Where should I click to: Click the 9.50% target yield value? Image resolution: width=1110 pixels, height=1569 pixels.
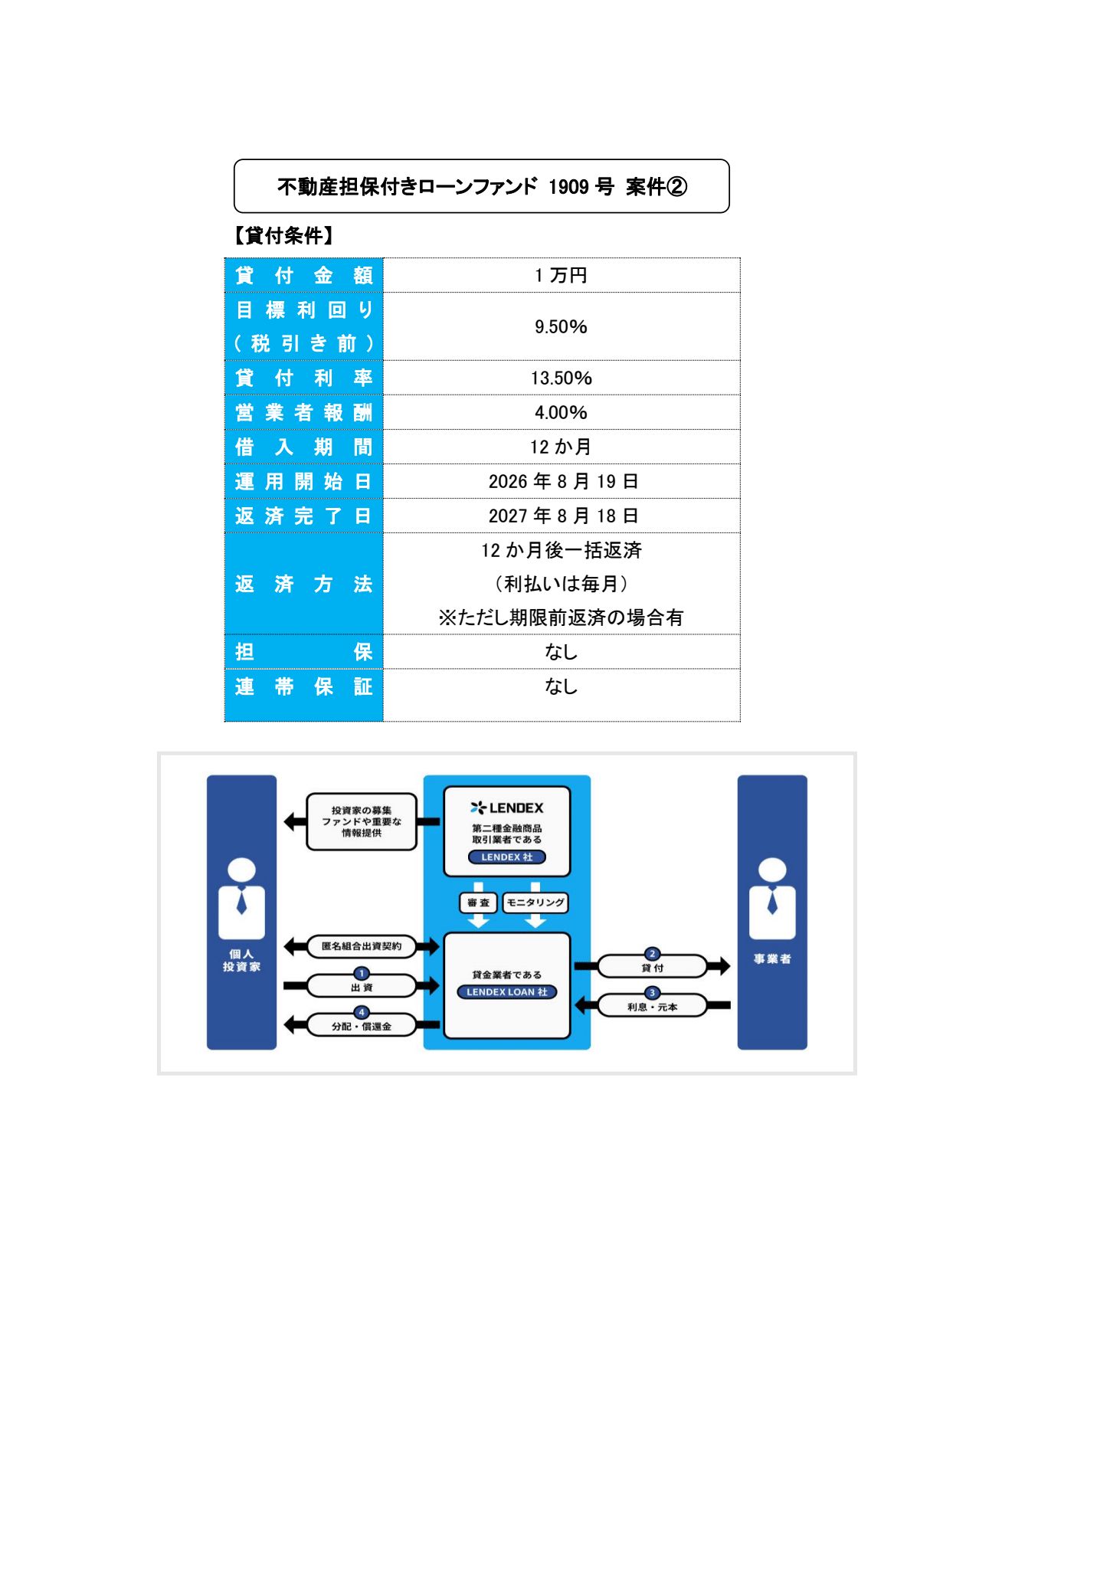(561, 327)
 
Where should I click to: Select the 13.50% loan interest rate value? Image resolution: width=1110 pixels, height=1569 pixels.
(561, 378)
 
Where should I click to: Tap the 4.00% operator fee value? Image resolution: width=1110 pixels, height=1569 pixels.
(561, 413)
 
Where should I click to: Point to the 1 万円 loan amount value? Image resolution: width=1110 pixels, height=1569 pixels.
(561, 276)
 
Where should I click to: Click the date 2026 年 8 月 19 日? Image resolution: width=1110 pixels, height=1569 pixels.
(563, 482)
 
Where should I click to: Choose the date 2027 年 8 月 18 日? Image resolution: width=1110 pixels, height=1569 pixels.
(563, 516)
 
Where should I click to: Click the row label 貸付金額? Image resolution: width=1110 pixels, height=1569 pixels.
(303, 276)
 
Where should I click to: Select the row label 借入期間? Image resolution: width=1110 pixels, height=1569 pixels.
(303, 447)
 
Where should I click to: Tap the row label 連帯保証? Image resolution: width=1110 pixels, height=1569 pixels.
(303, 687)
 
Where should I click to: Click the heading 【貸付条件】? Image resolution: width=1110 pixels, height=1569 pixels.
(283, 236)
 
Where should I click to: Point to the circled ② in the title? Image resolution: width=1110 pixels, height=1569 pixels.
(677, 187)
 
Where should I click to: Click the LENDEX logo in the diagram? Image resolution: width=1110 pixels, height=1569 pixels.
(507, 807)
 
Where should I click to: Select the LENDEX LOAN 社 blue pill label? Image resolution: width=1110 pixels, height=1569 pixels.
(507, 992)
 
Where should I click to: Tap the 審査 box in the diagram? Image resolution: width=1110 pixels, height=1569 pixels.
(479, 902)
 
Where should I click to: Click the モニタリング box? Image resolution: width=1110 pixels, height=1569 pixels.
(535, 902)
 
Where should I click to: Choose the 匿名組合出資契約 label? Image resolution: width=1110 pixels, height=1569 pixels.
(362, 946)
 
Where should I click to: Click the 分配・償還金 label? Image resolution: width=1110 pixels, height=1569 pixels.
(362, 1026)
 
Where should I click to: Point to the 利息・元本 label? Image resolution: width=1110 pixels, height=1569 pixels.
(652, 1007)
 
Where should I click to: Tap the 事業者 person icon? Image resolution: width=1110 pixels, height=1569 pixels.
(772, 899)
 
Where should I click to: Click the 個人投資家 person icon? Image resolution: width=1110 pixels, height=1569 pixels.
(241, 899)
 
